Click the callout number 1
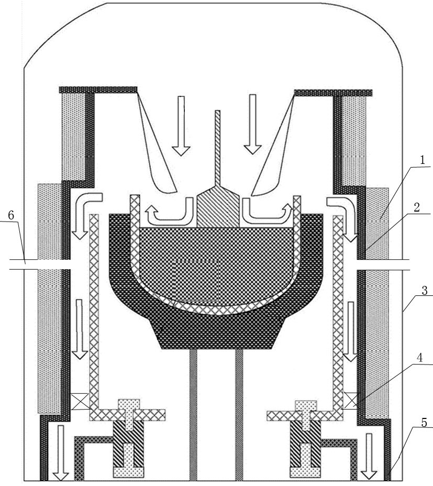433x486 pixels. point(422,161)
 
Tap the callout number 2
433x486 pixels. point(417,207)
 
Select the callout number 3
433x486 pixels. point(425,291)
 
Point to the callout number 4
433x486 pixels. point(420,358)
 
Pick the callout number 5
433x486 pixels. point(424,423)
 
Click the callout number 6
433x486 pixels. point(11,215)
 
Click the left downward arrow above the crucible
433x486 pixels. point(181,126)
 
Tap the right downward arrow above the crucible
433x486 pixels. point(252,124)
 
